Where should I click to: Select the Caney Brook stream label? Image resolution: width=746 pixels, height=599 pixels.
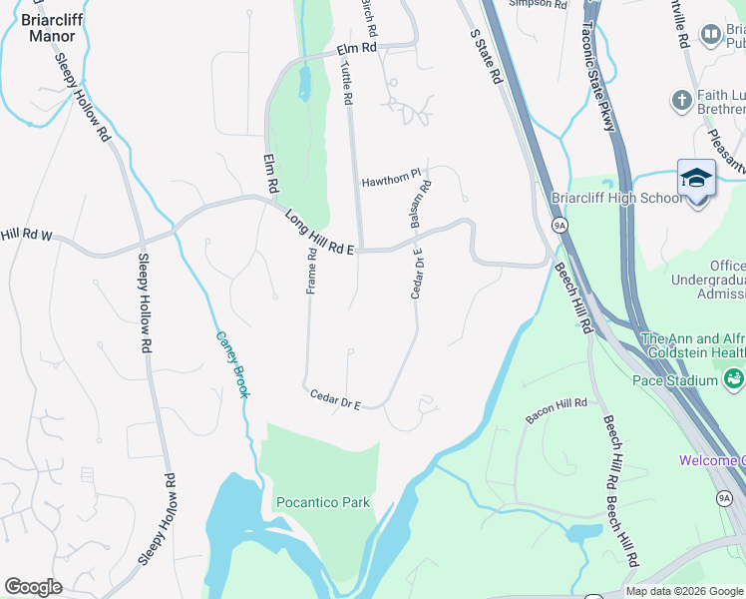pyautogui.click(x=231, y=364)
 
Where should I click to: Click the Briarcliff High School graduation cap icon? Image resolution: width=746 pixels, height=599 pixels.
pyautogui.click(x=696, y=179)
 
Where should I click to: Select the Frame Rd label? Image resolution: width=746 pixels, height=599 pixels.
pyautogui.click(x=312, y=272)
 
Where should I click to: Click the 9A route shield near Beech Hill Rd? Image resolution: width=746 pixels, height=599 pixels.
pyautogui.click(x=559, y=225)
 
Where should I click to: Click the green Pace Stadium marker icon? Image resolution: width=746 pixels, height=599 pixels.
pyautogui.click(x=734, y=379)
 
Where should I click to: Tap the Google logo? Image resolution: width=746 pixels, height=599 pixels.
pyautogui.click(x=33, y=587)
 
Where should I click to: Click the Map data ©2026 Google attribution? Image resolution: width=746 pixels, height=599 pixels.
pyautogui.click(x=684, y=591)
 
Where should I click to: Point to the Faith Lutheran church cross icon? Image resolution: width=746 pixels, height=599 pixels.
pyautogui.click(x=682, y=100)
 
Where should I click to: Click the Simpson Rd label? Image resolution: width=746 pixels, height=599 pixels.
pyautogui.click(x=538, y=4)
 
